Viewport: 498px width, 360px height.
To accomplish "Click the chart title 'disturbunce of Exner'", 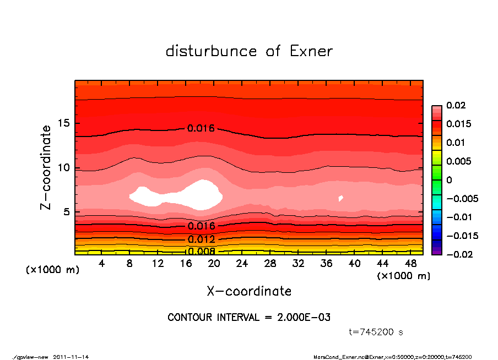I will (249, 51).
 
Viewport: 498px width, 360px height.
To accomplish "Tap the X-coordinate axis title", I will (249, 291).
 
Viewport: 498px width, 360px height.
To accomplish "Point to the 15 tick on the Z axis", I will (67, 123).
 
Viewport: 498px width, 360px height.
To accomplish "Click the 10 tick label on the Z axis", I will (67, 167).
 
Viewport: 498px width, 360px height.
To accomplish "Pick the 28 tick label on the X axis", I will (270, 264).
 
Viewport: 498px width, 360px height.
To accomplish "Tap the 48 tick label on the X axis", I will (410, 264).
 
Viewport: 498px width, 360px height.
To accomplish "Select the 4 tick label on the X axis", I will (102, 264).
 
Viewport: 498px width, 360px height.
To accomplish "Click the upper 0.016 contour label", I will (201, 128).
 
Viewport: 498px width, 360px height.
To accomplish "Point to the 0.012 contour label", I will (201, 239).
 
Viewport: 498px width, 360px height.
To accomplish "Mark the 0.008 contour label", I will (201, 252).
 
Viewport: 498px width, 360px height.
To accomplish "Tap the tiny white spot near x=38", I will (341, 198).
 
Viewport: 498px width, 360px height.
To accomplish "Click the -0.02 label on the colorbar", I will (457, 254).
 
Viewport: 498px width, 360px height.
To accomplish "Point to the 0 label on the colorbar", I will (449, 180).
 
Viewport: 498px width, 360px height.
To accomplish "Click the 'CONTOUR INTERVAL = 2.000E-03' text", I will (249, 318).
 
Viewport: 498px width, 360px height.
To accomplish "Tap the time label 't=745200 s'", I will (376, 332).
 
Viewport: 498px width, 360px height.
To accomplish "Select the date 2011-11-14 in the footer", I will (71, 357).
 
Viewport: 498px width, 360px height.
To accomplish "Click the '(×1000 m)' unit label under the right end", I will (403, 276).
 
